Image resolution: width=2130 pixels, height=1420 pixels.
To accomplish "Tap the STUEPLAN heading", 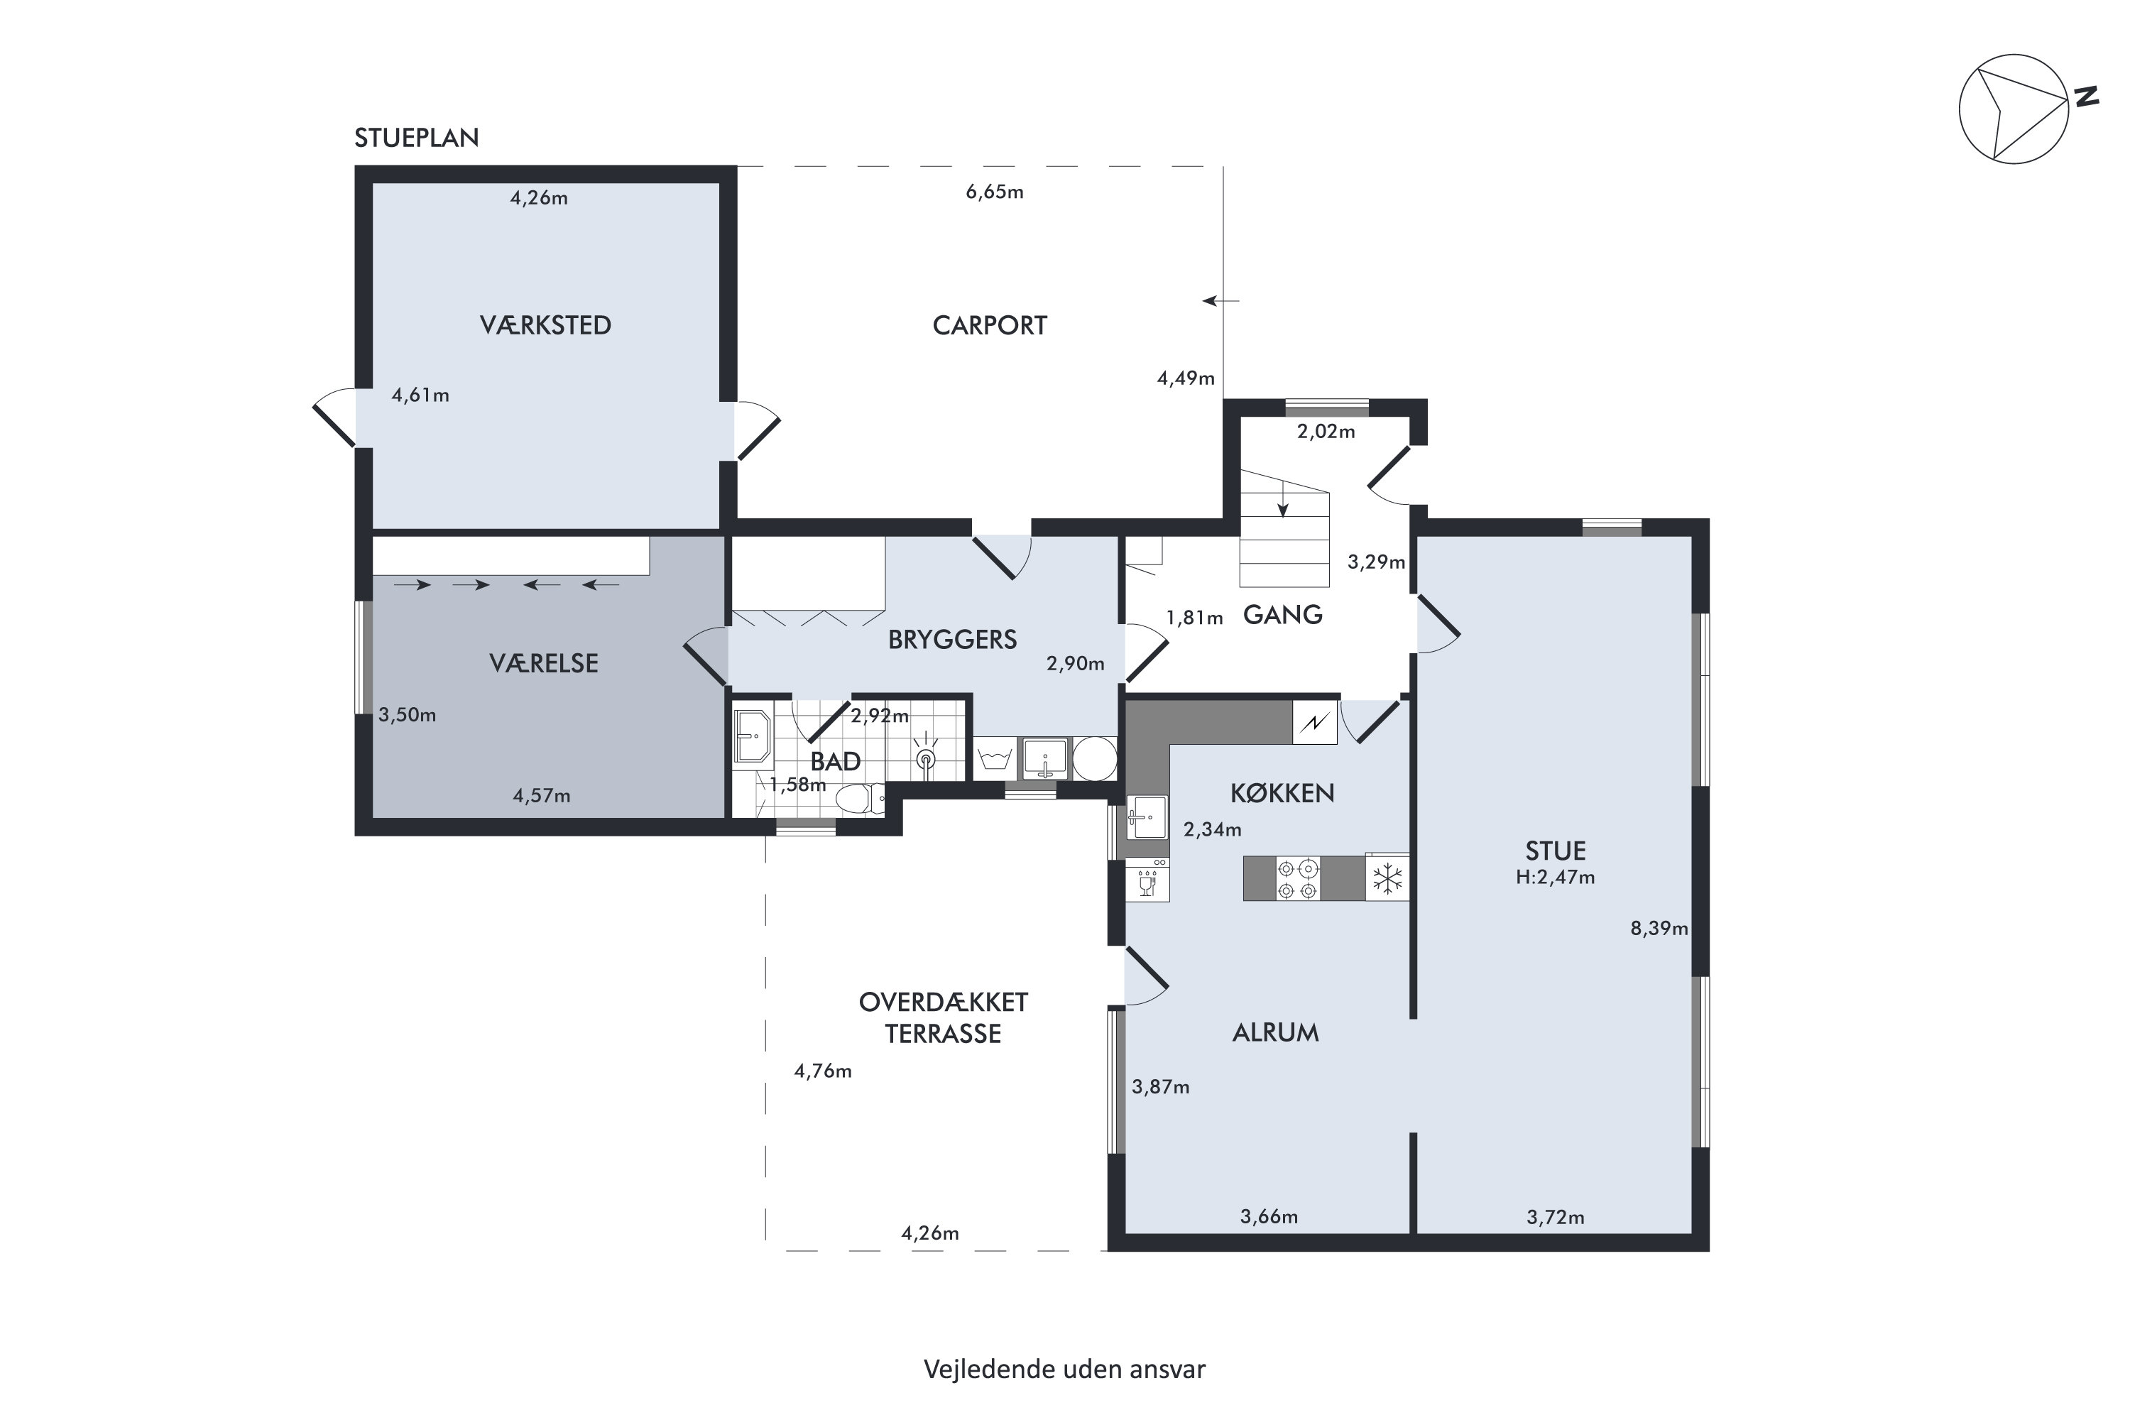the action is coord(417,138).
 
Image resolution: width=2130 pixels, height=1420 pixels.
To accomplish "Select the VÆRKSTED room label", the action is coord(545,325).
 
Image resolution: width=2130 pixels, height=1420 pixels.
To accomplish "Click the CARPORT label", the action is coord(990,325).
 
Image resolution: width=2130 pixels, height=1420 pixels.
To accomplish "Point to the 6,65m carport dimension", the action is coord(995,192).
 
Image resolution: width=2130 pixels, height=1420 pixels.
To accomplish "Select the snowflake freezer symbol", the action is coord(1387,878).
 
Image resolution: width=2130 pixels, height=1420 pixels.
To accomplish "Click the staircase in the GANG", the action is coord(1284,529).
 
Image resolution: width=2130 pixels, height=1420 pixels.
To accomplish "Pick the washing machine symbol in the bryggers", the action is coord(996,758).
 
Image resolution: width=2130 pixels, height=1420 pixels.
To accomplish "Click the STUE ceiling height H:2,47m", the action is coord(1555,878).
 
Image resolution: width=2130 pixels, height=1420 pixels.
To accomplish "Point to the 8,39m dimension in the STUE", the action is coord(1659,928).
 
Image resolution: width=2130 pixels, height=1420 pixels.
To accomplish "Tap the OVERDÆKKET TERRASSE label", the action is coord(943,1018).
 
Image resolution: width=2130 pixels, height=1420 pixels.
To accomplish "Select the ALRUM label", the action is coord(1275,1032).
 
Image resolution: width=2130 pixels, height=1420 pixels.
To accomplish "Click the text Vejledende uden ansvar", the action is coord(1064,1370).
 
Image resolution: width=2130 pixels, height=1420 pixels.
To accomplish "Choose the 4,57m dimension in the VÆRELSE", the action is coord(542,796).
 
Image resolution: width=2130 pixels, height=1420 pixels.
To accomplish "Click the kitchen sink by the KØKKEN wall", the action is coord(1147,817).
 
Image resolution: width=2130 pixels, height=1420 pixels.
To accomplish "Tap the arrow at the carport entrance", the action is coord(1220,300).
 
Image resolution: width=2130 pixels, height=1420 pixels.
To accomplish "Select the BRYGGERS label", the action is coord(952,640).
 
